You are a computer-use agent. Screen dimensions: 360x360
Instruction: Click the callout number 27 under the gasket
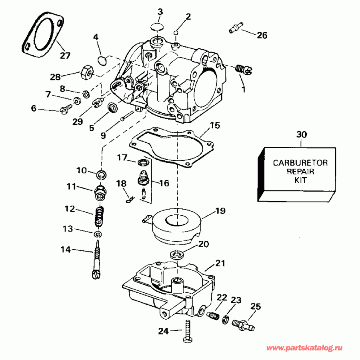point(65,56)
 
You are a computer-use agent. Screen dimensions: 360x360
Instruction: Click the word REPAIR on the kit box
point(300,172)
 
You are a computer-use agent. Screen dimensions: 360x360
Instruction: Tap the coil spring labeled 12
point(100,216)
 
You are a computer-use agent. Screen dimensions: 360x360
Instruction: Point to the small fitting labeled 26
point(235,29)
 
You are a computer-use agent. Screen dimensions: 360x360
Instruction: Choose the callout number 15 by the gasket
point(215,126)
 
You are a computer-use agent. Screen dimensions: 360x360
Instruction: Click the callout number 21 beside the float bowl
point(220,264)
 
